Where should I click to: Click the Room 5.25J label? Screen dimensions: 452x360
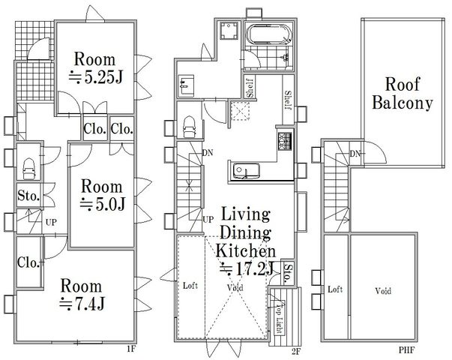(95, 68)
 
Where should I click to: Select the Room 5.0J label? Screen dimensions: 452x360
(102, 195)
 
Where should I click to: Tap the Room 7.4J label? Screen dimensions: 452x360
(82, 295)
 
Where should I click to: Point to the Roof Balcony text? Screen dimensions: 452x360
(403, 94)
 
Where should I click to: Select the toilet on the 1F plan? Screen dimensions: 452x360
(29, 169)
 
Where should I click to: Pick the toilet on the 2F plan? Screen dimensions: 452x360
(189, 127)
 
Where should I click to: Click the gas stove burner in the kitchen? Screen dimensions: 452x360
(285, 141)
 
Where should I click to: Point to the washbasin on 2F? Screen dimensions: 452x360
(186, 85)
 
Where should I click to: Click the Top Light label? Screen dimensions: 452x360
(278, 318)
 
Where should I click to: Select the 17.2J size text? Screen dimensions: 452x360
(247, 268)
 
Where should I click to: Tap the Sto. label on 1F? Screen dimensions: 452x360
(28, 196)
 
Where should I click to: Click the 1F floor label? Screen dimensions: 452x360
(130, 349)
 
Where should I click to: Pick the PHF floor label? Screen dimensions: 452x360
(406, 350)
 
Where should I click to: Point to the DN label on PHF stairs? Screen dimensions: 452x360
(356, 154)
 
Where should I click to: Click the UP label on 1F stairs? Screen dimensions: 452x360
(51, 223)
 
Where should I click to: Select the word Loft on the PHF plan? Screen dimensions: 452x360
(335, 289)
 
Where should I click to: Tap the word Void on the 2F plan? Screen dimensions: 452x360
(235, 287)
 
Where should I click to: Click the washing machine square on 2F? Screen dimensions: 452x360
(229, 31)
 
